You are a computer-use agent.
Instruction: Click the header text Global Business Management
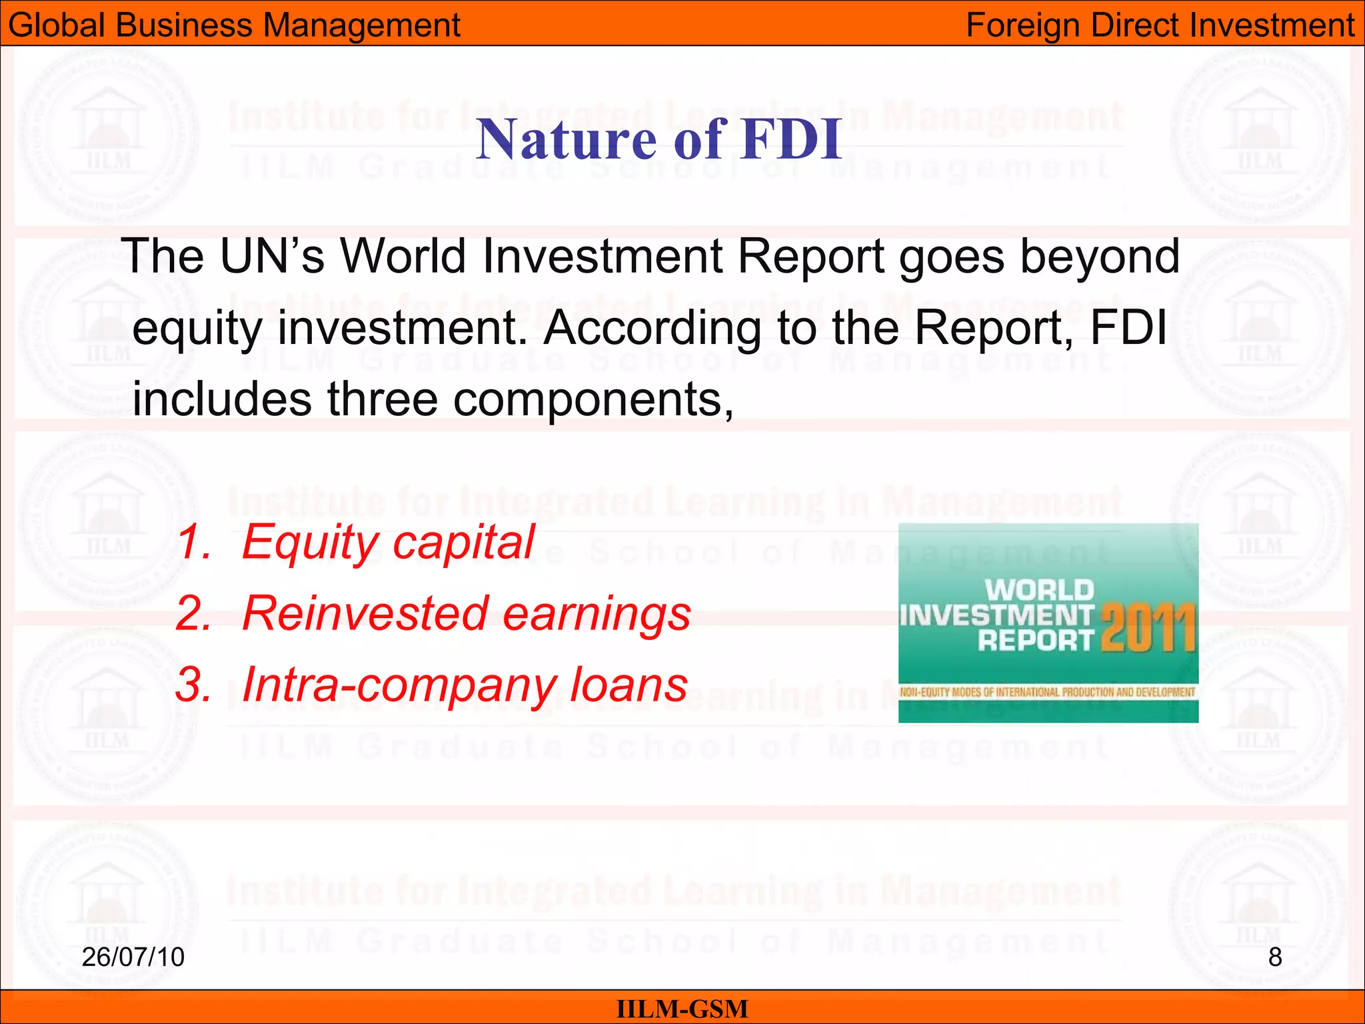point(234,25)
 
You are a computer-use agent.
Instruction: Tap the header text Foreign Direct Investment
point(1160,25)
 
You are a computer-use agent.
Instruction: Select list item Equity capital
point(388,541)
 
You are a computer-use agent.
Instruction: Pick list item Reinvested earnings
point(467,613)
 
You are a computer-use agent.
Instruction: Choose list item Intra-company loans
point(465,684)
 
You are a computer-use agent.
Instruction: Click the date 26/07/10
point(133,957)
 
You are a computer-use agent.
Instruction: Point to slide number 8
point(1274,957)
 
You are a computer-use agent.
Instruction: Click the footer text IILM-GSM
point(682,1009)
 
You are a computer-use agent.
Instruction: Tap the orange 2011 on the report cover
point(1148,628)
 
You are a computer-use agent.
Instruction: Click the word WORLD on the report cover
point(1039,590)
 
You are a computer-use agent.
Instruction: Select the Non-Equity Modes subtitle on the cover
point(1047,692)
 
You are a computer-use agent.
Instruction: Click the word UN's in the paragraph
point(272,256)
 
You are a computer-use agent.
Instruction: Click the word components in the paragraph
point(593,399)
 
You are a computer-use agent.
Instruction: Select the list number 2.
point(193,613)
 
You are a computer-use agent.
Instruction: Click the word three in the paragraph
point(382,399)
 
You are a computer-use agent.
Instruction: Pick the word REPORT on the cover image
point(1035,641)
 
